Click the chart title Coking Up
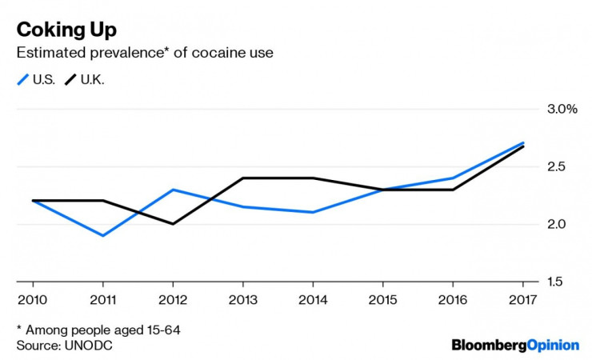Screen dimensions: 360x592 click(x=66, y=30)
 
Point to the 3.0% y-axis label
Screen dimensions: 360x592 click(x=560, y=110)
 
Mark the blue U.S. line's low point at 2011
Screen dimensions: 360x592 click(x=102, y=235)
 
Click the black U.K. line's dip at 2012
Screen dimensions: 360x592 click(x=172, y=224)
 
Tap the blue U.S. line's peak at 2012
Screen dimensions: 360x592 click(x=172, y=190)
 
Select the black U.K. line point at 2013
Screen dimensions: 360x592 click(x=242, y=178)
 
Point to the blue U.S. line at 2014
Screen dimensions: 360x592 click(x=312, y=212)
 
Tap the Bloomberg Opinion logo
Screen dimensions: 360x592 click(x=515, y=345)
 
